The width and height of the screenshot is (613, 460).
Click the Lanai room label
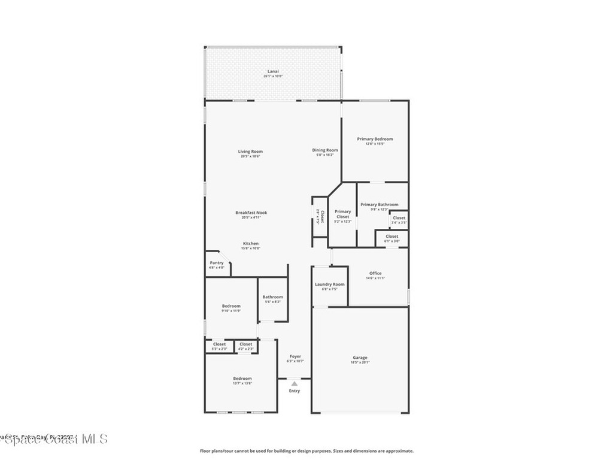pyautogui.click(x=273, y=71)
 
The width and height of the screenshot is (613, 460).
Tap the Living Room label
pyautogui.click(x=250, y=152)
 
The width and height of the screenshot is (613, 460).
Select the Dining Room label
pyautogui.click(x=325, y=150)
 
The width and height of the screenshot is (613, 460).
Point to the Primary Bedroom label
pyautogui.click(x=375, y=139)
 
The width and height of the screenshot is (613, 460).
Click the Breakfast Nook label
pyautogui.click(x=251, y=213)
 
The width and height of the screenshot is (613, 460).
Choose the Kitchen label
pyautogui.click(x=250, y=244)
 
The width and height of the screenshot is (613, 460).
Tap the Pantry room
pyautogui.click(x=216, y=264)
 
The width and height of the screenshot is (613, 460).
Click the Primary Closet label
pyautogui.click(x=342, y=214)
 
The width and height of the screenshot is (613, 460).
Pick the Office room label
pyautogui.click(x=375, y=273)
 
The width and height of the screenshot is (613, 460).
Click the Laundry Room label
pyautogui.click(x=330, y=284)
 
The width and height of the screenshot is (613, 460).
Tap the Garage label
pyautogui.click(x=360, y=358)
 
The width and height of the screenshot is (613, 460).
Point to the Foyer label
pyautogui.click(x=296, y=356)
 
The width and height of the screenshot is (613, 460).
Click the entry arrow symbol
pyautogui.click(x=295, y=383)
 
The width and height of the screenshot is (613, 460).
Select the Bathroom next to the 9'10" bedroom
pyautogui.click(x=272, y=297)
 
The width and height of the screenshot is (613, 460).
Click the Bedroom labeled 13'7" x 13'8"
pyautogui.click(x=242, y=379)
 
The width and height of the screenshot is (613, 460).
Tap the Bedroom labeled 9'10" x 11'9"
pyautogui.click(x=231, y=306)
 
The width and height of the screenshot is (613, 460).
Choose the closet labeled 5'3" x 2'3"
pyautogui.click(x=220, y=344)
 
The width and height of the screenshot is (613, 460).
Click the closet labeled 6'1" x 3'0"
pyautogui.click(x=392, y=237)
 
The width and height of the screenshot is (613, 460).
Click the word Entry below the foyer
pyautogui.click(x=295, y=391)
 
